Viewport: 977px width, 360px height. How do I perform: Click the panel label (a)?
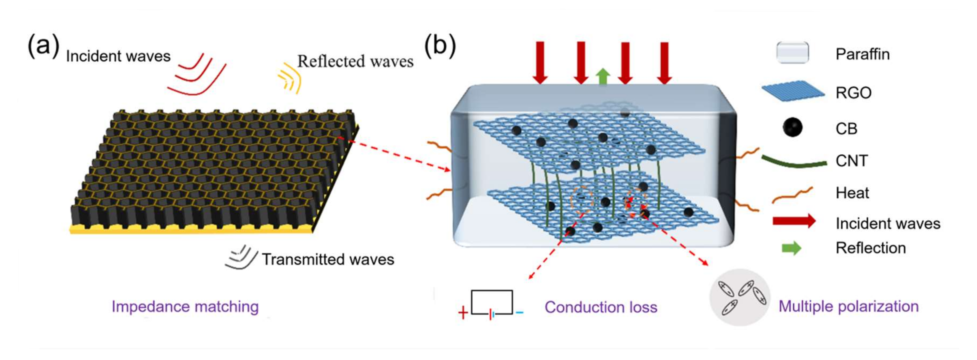43,46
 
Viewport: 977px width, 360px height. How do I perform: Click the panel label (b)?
440,46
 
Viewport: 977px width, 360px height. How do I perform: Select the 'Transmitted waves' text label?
328,259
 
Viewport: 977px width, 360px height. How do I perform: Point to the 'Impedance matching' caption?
185,306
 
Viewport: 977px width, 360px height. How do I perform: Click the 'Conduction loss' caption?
601,307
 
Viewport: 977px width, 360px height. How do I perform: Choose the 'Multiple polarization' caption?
848,306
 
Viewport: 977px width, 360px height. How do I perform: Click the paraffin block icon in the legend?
792,53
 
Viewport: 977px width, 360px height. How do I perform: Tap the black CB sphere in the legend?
792,128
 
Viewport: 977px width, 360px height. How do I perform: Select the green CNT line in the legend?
794,162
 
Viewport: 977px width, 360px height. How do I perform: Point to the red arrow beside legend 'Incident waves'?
794,221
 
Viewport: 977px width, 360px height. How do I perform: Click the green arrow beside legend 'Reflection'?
792,248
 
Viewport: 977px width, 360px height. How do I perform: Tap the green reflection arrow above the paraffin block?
603,77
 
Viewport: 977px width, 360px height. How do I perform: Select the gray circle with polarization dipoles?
740,297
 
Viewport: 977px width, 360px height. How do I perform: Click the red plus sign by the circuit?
463,313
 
